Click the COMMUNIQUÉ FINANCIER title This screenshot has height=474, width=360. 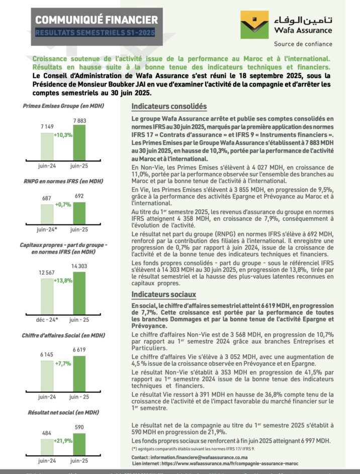(96, 20)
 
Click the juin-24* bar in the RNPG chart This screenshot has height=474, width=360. (47, 213)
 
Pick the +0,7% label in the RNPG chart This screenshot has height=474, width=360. (63, 205)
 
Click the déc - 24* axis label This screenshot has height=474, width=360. (47, 319)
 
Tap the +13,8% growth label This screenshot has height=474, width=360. (63, 280)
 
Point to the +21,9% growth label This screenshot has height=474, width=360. (63, 441)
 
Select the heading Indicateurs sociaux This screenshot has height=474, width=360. (163, 294)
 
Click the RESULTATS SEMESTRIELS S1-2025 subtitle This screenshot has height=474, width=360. (95, 33)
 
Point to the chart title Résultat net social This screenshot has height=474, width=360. (63, 413)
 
